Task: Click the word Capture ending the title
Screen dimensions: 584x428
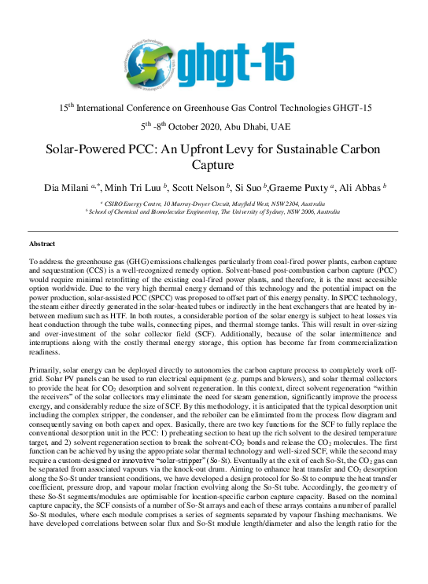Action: click(x=214, y=165)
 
